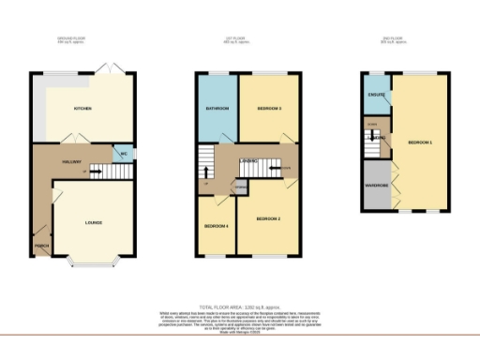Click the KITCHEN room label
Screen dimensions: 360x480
(x=82, y=109)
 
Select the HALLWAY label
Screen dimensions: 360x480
(x=70, y=161)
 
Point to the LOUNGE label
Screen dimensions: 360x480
(x=94, y=222)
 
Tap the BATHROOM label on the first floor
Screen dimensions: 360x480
(x=217, y=109)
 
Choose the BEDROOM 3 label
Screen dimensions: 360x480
(x=270, y=109)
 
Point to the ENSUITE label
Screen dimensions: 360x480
(x=376, y=93)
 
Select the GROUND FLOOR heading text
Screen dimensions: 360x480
(x=71, y=39)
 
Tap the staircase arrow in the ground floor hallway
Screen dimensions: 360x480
(x=86, y=172)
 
